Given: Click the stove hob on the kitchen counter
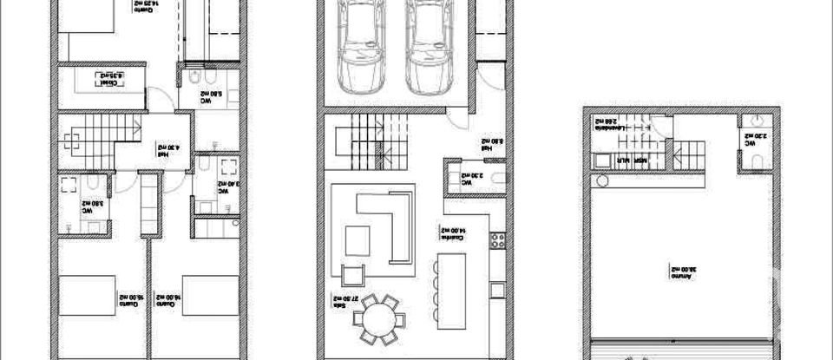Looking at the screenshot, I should pos(498,239).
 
